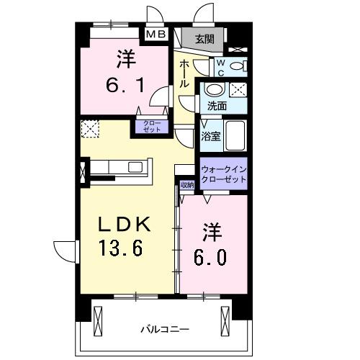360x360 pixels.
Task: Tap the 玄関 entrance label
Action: (204, 39)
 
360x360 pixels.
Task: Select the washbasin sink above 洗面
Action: (214, 90)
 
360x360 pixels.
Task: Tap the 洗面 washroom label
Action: (217, 106)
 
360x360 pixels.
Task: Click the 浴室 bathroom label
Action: (210, 135)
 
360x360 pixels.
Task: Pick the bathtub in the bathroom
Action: (238, 133)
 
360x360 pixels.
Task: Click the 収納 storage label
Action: (187, 185)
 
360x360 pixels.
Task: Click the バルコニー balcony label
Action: (165, 329)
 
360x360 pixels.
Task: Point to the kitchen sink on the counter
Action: (135, 167)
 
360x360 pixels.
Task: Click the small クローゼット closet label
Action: (151, 127)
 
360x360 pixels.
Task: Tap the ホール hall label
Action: (184, 74)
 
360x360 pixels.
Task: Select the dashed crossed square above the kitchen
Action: (91, 128)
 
